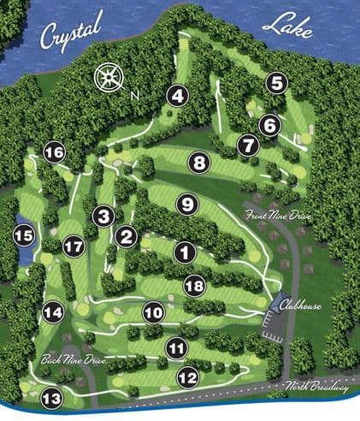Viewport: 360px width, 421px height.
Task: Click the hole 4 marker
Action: pyautogui.click(x=177, y=96)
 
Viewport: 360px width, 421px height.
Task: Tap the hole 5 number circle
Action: pyautogui.click(x=275, y=82)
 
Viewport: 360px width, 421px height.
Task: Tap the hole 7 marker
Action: pyautogui.click(x=248, y=145)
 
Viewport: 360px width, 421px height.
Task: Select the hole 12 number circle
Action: pyautogui.click(x=188, y=376)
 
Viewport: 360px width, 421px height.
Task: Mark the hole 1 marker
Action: pyautogui.click(x=184, y=252)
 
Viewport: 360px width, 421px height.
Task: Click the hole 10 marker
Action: pyautogui.click(x=153, y=313)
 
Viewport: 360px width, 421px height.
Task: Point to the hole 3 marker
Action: pyautogui.click(x=104, y=216)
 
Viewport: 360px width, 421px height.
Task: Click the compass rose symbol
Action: pyautogui.click(x=109, y=79)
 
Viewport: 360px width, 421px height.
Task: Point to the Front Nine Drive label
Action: pyautogui.click(x=276, y=214)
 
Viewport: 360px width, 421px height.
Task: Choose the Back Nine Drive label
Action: pyautogui.click(x=73, y=360)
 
